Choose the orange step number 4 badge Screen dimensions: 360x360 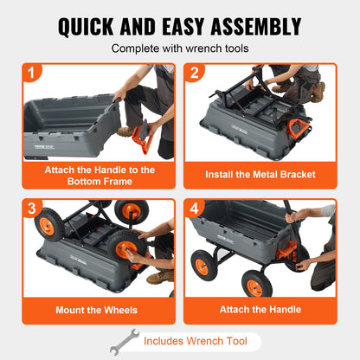(196, 210)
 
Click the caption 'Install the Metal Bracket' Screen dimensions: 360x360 (260, 174)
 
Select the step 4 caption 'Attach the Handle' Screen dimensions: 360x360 (260, 309)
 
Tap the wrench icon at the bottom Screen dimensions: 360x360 (123, 341)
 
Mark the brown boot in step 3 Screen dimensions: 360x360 (159, 276)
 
